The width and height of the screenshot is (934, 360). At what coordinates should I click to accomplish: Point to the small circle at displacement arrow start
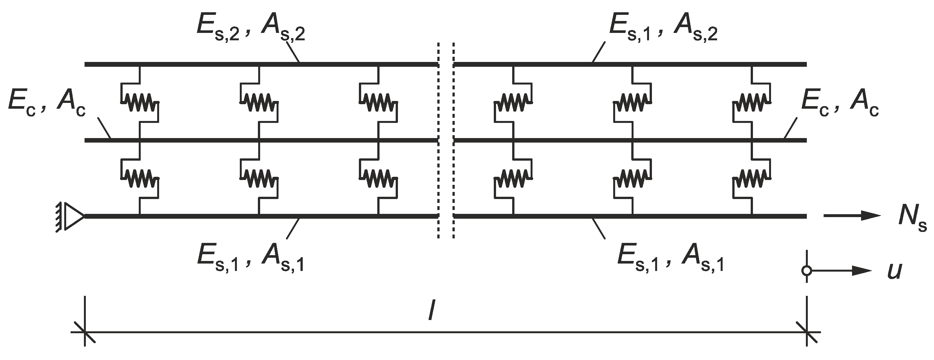(807, 270)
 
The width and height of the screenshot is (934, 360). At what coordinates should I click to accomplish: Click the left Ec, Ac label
(46, 105)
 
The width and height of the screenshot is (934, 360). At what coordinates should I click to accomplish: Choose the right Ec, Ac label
(840, 105)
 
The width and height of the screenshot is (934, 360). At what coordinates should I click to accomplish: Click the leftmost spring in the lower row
(140, 178)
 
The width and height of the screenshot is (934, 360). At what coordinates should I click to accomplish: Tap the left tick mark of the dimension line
(85, 332)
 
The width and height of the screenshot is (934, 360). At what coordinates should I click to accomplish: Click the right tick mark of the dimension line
(807, 332)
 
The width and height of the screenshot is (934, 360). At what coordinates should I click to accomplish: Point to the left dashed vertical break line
(439, 141)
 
